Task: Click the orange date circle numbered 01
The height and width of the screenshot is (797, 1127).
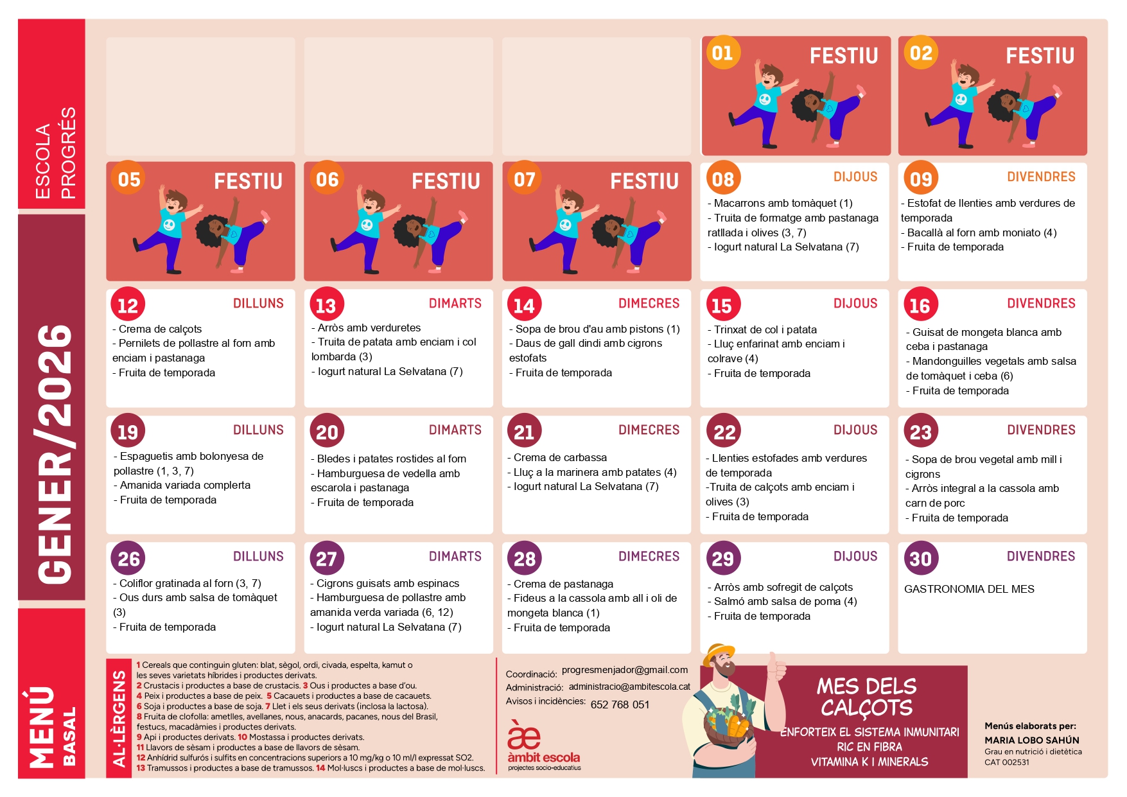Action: (x=722, y=53)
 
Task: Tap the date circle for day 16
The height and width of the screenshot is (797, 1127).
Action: (x=920, y=304)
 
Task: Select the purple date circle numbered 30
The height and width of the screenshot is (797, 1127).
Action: (x=921, y=558)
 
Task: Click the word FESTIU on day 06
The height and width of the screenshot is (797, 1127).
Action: (x=446, y=181)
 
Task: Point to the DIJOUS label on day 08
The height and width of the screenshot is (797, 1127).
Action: (x=855, y=177)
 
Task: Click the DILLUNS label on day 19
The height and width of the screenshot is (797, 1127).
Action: (x=258, y=430)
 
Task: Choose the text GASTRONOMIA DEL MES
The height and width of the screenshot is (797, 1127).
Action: (x=969, y=589)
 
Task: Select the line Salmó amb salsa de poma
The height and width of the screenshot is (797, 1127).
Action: (x=785, y=602)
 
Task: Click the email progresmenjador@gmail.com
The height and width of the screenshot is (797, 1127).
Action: (x=625, y=670)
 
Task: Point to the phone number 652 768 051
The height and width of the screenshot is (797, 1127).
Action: (x=620, y=705)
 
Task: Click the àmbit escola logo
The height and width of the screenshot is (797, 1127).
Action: (x=544, y=746)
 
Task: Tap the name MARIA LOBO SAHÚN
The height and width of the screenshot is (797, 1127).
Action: (x=1032, y=740)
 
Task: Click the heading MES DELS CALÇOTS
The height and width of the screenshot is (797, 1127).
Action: (x=866, y=696)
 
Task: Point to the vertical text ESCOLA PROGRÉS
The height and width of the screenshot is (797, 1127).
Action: (x=55, y=153)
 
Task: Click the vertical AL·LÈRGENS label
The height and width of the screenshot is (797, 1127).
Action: (x=119, y=719)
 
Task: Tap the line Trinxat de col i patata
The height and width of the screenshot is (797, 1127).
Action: (x=762, y=329)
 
